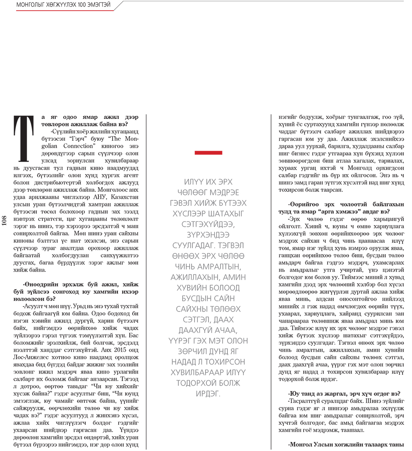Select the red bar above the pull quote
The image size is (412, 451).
point(208,153)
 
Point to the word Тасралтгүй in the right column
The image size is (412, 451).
point(307,400)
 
